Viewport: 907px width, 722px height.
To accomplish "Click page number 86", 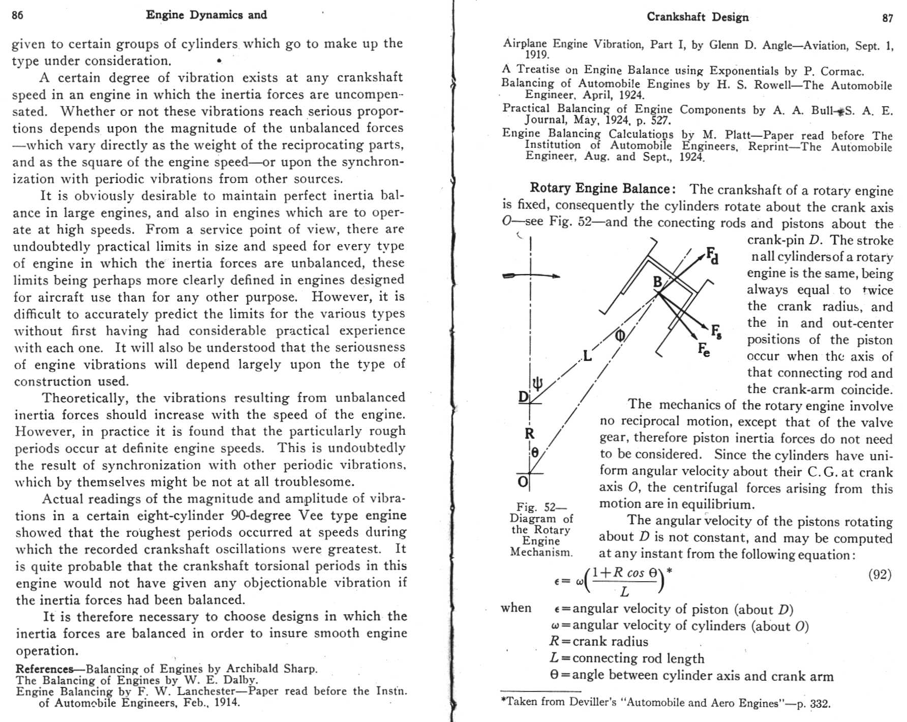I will click(17, 15).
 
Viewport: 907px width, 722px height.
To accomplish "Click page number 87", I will click(887, 18).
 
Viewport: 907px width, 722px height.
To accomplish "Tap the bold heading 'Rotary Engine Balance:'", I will click(602, 189).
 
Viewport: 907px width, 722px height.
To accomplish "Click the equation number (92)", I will click(880, 575).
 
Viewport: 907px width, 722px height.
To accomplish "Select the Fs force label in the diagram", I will click(716, 332).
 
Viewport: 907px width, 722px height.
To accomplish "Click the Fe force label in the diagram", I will click(704, 349).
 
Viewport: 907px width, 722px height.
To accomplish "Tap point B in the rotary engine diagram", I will click(657, 282).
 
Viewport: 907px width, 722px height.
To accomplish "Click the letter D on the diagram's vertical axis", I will click(523, 397).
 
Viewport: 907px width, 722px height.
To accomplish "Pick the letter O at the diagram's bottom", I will click(523, 482).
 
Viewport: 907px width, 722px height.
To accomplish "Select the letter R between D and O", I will click(529, 434).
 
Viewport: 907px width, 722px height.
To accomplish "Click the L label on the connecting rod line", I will click(587, 356).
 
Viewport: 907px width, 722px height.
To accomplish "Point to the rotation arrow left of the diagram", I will click(531, 276).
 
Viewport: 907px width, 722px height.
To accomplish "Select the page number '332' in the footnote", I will click(819, 704).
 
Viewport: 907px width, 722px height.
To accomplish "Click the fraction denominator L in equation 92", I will click(624, 591).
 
